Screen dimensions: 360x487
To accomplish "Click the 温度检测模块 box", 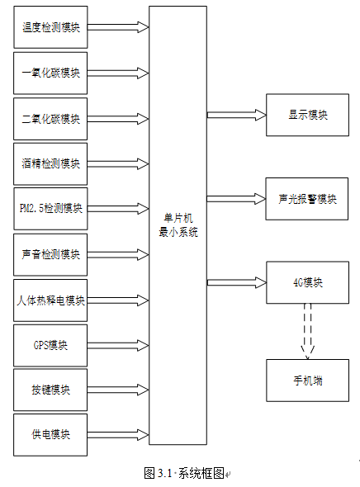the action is (x=50, y=27).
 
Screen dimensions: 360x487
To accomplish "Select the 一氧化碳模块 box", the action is (x=50, y=73).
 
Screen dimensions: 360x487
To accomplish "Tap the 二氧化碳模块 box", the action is (x=50, y=119).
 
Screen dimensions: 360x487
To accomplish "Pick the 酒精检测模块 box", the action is (x=50, y=163).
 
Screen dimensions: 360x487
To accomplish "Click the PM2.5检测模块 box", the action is (x=50, y=208).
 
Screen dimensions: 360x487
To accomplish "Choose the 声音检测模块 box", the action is (x=50, y=255).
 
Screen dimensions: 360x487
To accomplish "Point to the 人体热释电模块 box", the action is (x=50, y=300).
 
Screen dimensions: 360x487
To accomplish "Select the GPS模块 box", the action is (x=50, y=345).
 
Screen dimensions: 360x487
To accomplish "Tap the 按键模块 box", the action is (x=50, y=390).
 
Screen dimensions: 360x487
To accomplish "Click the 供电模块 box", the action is (x=50, y=435).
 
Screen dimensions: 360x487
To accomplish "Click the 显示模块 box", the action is (x=307, y=115).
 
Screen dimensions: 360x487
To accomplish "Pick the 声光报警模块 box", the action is (x=307, y=199).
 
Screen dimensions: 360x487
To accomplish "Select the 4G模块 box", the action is (x=307, y=282).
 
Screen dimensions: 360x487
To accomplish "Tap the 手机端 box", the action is (x=307, y=381).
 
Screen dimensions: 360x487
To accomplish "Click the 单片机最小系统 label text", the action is (x=178, y=225).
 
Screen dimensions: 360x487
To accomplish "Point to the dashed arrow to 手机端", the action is (x=307, y=331).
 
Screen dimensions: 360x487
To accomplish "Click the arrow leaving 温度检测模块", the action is (x=118, y=27).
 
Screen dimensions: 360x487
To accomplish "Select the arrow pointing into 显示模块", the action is (x=237, y=115).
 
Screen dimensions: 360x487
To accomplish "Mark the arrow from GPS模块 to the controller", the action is (x=118, y=345).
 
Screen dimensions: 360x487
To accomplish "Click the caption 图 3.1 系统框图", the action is (x=185, y=473).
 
